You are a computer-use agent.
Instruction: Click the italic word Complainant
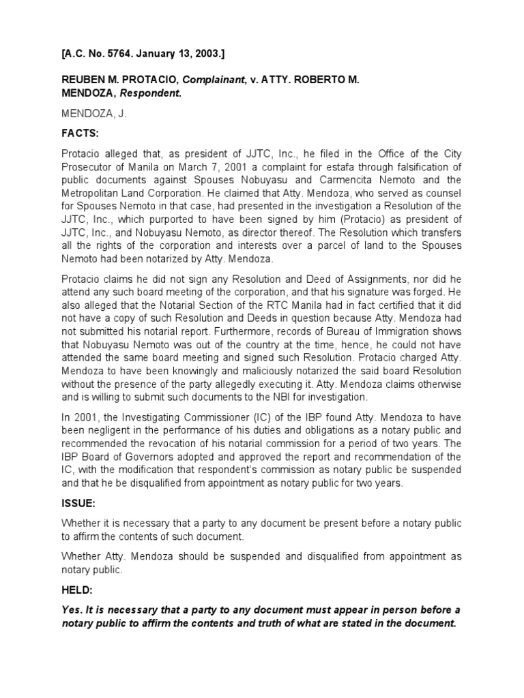[x=217, y=80]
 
